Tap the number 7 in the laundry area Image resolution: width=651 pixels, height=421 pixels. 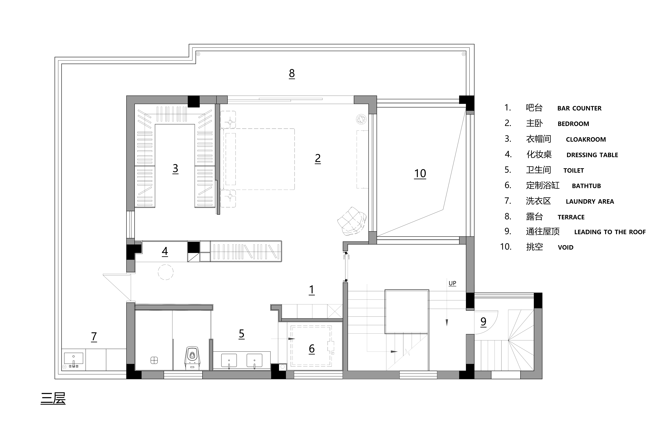point(94,337)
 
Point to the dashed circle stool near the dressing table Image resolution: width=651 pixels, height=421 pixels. point(166,272)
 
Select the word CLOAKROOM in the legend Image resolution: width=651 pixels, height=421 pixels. point(586,140)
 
